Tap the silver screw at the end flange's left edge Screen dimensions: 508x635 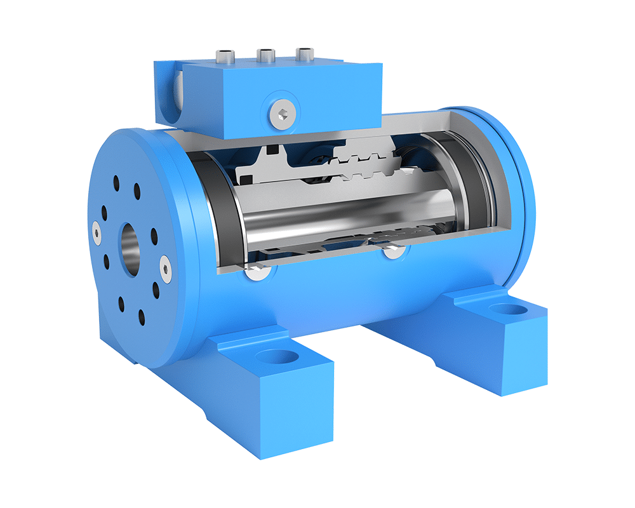click(96, 232)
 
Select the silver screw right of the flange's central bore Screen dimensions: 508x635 click(165, 269)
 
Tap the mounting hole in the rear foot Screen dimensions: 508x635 click(509, 310)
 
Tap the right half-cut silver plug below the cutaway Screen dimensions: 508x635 click(392, 252)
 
